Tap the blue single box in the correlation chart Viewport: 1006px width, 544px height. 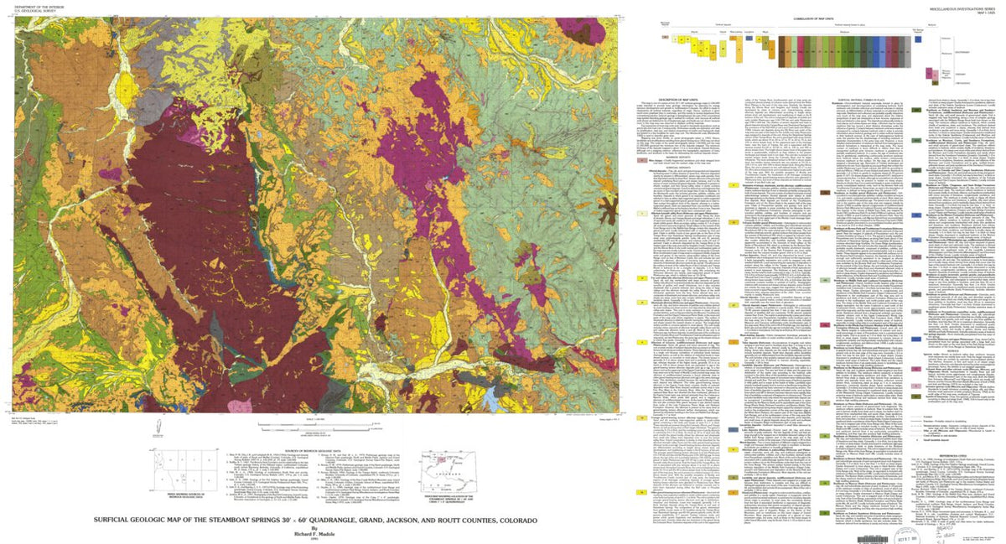pyautogui.click(x=921, y=38)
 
